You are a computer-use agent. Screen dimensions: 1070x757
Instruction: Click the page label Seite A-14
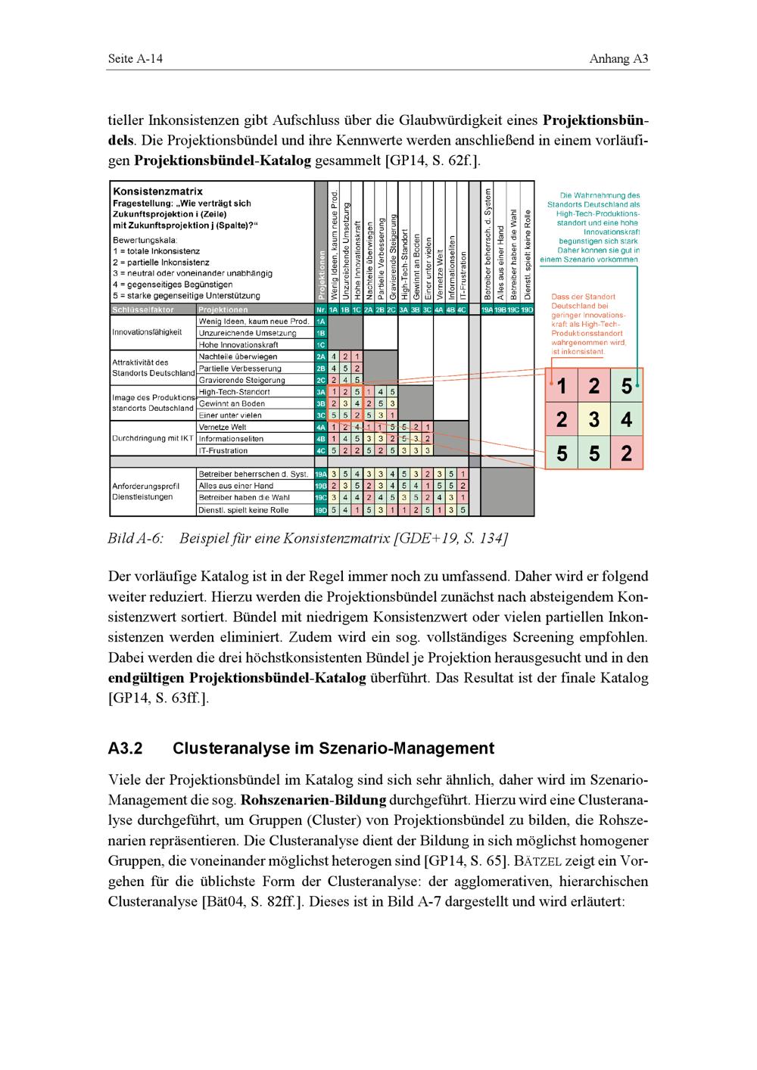(x=136, y=59)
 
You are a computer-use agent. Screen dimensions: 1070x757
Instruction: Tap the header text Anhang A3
(x=619, y=59)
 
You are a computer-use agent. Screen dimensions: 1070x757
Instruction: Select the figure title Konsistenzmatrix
(x=157, y=191)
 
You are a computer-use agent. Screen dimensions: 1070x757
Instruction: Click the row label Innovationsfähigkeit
(x=147, y=332)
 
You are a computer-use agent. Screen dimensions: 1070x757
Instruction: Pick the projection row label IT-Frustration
(x=223, y=450)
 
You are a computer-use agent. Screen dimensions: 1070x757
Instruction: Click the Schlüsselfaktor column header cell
(x=143, y=309)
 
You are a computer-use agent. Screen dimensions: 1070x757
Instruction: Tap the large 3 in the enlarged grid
(x=594, y=419)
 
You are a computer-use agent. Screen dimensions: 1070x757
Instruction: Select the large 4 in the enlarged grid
(x=627, y=419)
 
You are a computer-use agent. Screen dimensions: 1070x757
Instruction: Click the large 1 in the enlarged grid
(x=562, y=387)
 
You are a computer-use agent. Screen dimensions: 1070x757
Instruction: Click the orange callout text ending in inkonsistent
(x=588, y=325)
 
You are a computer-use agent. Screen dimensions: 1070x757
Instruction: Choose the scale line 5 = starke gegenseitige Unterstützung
(x=185, y=296)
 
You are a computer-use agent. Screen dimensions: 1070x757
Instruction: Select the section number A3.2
(x=126, y=749)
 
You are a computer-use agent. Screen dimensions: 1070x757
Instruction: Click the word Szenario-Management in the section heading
(x=411, y=749)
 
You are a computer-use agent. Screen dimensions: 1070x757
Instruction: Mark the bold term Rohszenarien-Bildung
(x=313, y=800)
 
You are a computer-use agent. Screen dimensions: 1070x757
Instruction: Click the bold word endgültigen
(x=147, y=678)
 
